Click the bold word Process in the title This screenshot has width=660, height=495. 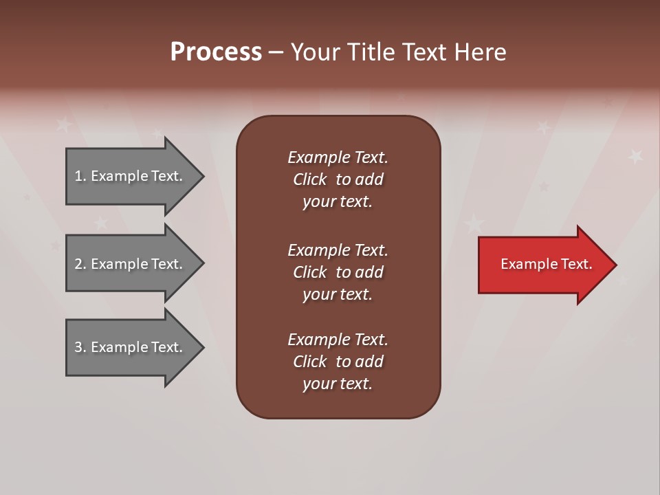pyautogui.click(x=216, y=52)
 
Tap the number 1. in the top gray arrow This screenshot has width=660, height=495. pyautogui.click(x=80, y=176)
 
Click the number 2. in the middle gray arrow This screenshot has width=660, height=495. pyautogui.click(x=80, y=264)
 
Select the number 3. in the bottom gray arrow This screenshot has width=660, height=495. pyautogui.click(x=80, y=347)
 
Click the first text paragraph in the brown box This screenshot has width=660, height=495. pyautogui.click(x=338, y=179)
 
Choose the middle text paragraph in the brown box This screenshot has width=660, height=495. pyautogui.click(x=338, y=272)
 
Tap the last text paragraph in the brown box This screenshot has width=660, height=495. pyautogui.click(x=338, y=362)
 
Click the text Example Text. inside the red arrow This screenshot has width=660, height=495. pyautogui.click(x=546, y=264)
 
